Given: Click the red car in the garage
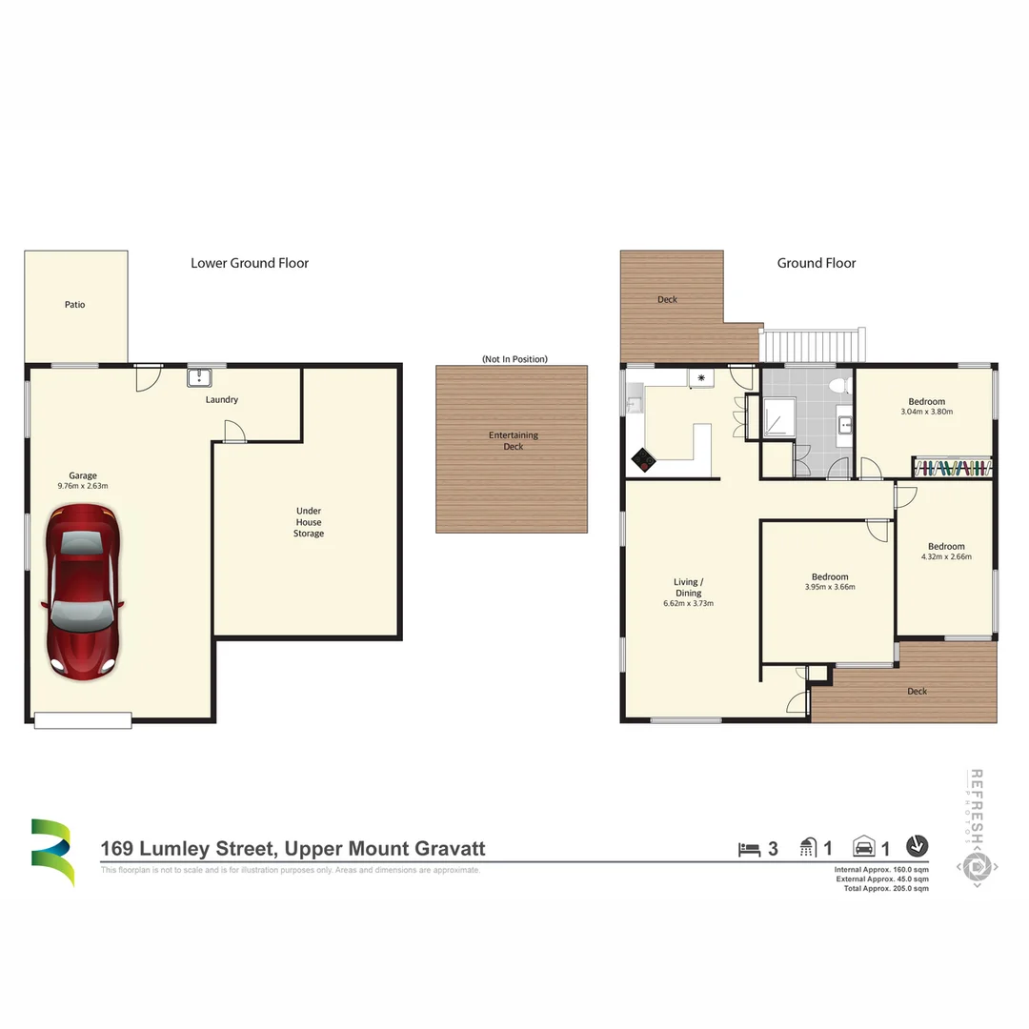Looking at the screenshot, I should click(83, 592).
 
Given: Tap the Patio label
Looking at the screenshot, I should click(74, 305).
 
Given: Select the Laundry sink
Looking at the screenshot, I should click(199, 378).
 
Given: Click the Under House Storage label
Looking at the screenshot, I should click(308, 522).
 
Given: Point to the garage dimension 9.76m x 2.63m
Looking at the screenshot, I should click(82, 486).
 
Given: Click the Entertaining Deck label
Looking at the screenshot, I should click(514, 440).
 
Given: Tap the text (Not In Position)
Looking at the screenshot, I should click(514, 359).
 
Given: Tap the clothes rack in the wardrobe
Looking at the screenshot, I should click(952, 468).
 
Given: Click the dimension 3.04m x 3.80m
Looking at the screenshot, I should click(926, 413).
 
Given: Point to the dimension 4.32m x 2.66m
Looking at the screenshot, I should click(946, 557).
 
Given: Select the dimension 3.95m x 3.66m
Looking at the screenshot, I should click(829, 587).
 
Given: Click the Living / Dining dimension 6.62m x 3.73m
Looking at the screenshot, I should click(688, 603).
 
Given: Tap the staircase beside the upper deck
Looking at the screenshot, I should click(814, 344).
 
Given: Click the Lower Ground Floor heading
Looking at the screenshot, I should click(250, 263).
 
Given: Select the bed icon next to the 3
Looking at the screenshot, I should click(751, 847).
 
